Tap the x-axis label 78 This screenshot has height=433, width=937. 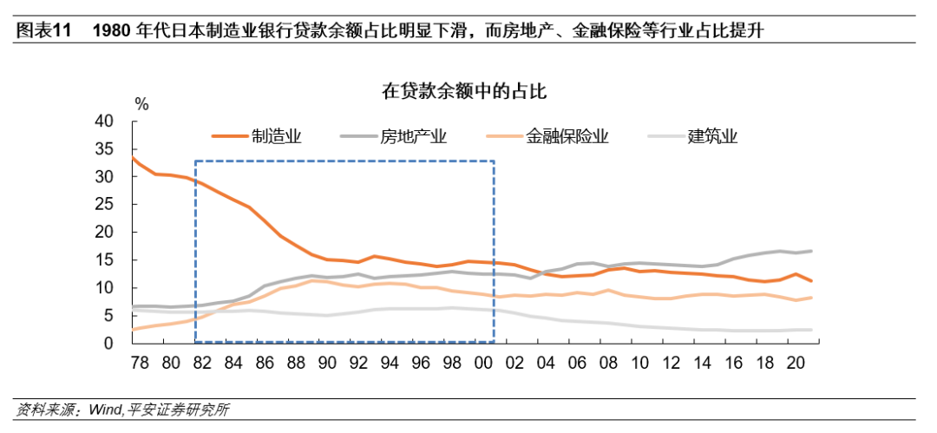(139, 363)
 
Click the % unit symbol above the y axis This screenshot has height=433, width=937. (141, 104)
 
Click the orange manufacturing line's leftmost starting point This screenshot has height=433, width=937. (132, 157)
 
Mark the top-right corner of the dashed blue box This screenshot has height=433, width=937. (494, 161)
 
